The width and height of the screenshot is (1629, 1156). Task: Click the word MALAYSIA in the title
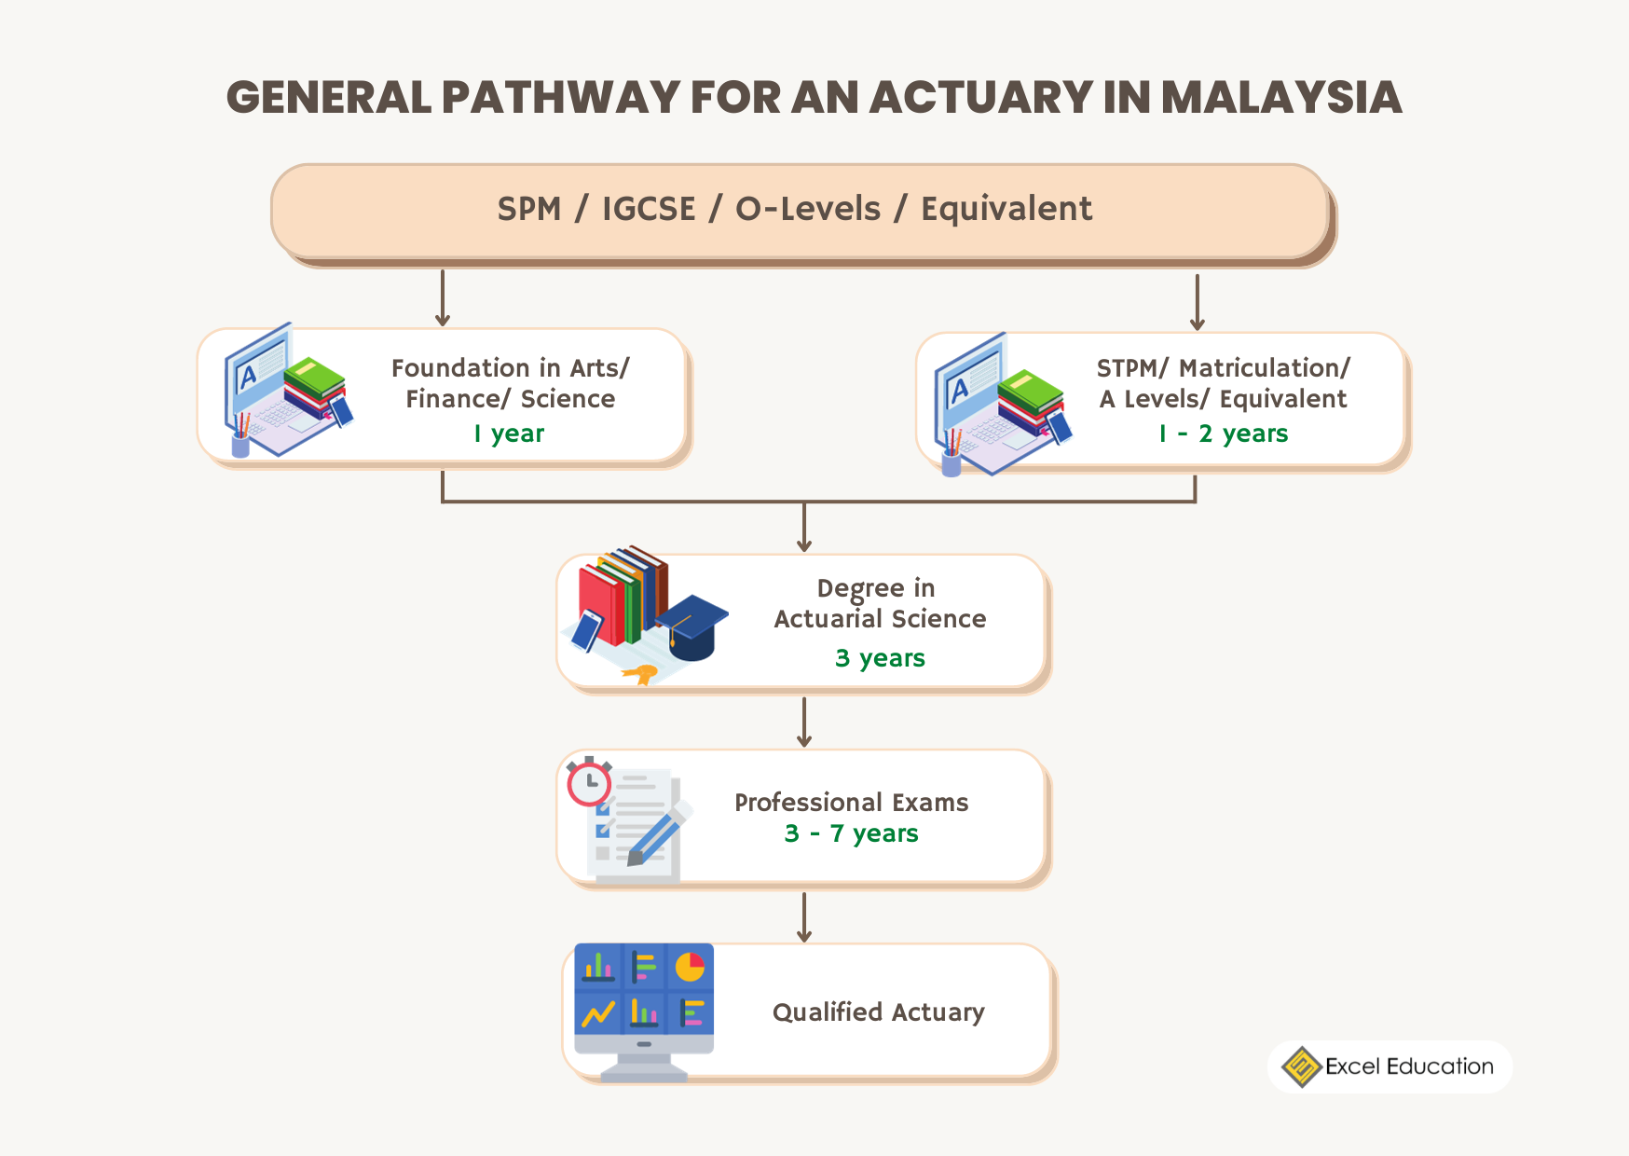pyautogui.click(x=1281, y=98)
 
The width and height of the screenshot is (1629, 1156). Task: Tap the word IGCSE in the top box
pyautogui.click(x=649, y=209)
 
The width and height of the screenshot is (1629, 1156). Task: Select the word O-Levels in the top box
pyautogui.click(x=808, y=209)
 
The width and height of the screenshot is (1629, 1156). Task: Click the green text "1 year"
pyautogui.click(x=509, y=433)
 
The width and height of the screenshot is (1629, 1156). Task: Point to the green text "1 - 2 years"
pyautogui.click(x=1224, y=433)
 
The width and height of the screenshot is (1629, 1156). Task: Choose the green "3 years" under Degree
pyautogui.click(x=880, y=658)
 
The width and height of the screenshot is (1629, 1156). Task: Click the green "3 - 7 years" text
pyautogui.click(x=851, y=833)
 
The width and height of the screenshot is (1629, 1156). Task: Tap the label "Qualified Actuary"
pyautogui.click(x=878, y=1012)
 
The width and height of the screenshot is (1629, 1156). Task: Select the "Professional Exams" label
pyautogui.click(x=851, y=803)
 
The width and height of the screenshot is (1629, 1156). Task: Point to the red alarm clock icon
pyautogui.click(x=589, y=783)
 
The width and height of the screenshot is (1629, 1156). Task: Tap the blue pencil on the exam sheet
pyautogui.click(x=657, y=834)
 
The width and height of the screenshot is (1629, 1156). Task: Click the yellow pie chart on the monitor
pyautogui.click(x=690, y=967)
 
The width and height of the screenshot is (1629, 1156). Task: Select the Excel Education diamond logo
pyautogui.click(x=1301, y=1067)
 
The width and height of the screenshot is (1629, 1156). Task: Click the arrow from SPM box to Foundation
pyautogui.click(x=443, y=298)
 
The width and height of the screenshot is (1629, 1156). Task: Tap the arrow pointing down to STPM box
pyautogui.click(x=1198, y=302)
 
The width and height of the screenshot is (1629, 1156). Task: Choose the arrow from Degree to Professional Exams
pyautogui.click(x=804, y=722)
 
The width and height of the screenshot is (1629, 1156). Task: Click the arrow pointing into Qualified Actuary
pyautogui.click(x=804, y=917)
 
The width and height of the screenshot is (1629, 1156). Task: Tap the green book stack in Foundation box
pyautogui.click(x=314, y=378)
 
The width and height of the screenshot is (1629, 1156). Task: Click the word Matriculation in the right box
pyautogui.click(x=1259, y=368)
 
